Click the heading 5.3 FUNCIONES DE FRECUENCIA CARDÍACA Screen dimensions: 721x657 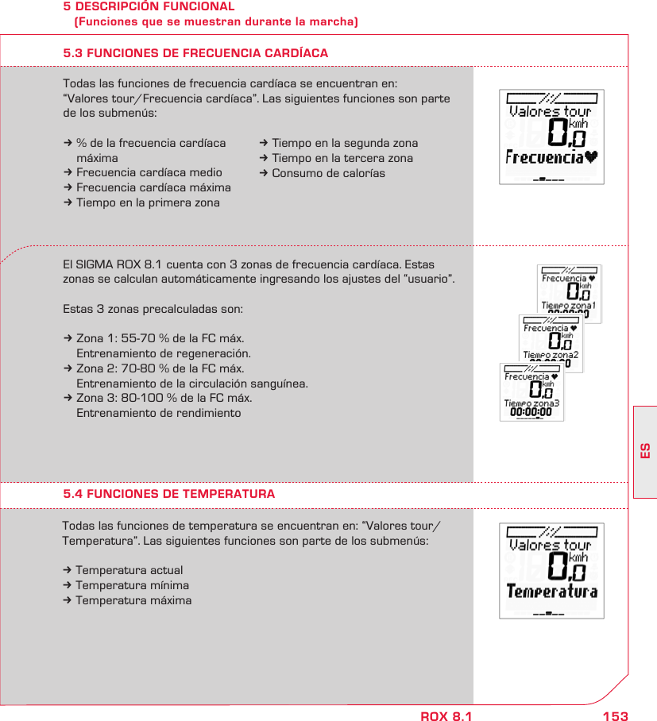coord(195,53)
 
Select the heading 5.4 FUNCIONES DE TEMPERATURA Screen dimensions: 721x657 coord(169,494)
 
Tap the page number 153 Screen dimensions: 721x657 coord(615,716)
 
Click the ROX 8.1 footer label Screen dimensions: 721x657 coord(446,716)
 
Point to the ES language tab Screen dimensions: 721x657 coord(645,451)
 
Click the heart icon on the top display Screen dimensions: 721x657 coord(590,156)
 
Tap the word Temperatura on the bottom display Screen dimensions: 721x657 coord(551,592)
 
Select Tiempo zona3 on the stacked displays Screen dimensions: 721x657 coord(531,403)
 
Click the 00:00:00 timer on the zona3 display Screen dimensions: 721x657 coord(531,412)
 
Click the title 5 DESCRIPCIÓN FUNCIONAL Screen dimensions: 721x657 coord(149,6)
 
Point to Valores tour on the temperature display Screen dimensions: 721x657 coord(551,546)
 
